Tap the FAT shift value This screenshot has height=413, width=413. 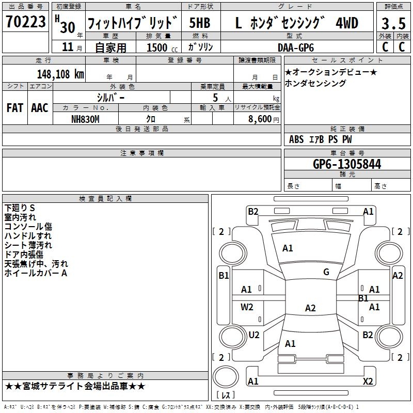click(15, 108)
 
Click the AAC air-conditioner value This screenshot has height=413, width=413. click(40, 108)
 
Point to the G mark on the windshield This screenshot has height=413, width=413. click(326, 272)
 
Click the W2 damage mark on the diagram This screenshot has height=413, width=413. click(247, 307)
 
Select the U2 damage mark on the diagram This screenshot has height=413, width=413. click(254, 335)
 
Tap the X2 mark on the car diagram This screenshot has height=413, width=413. click(368, 382)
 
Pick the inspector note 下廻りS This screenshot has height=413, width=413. click(20, 208)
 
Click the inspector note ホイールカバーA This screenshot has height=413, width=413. click(36, 273)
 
